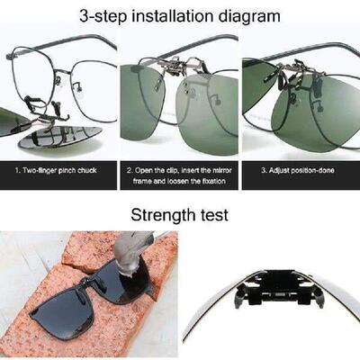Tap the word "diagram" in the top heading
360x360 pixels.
point(249,15)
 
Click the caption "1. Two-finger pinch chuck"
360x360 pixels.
point(59,169)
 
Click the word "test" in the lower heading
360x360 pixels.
point(210,215)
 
